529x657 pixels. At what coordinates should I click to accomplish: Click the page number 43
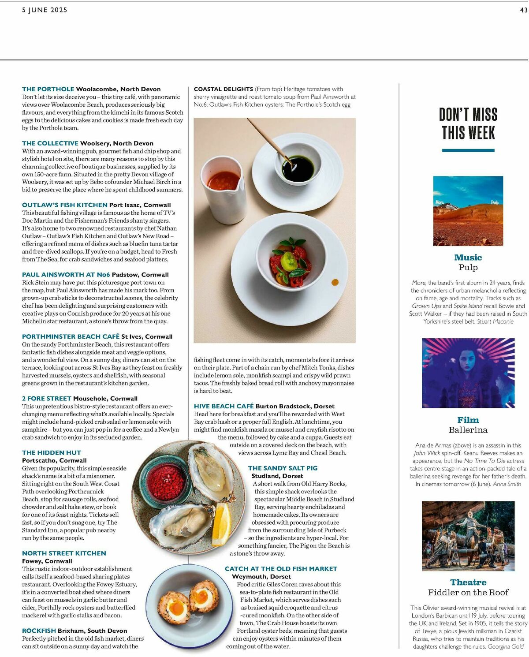(523, 10)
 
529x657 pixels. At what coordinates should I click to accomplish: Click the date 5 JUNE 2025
(45, 10)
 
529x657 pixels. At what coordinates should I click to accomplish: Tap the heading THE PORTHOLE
(48, 89)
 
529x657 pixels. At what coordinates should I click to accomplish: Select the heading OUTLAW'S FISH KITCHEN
(65, 205)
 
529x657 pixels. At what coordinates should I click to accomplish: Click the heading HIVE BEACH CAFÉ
(224, 406)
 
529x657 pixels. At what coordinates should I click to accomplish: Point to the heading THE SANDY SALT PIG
(283, 468)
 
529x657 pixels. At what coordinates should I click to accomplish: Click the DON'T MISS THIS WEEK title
(468, 124)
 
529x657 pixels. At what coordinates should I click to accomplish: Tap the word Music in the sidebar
(468, 258)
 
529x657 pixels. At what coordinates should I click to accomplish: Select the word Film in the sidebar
(468, 420)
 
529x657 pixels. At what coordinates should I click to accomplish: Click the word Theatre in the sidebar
(468, 582)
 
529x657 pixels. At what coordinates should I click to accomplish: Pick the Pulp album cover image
(468, 211)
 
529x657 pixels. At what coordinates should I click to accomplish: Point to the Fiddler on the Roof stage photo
(468, 536)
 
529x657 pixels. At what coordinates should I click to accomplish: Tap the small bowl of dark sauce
(298, 168)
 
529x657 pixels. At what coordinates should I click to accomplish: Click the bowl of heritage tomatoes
(291, 260)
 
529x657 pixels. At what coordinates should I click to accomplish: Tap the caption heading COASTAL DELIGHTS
(224, 89)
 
